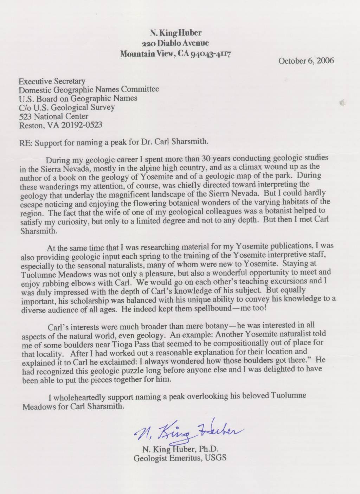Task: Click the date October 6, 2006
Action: tap(306, 60)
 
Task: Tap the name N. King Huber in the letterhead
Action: tap(175, 33)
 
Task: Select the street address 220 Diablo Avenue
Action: tap(175, 43)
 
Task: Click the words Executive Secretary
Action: tap(52, 81)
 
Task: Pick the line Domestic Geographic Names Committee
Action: tap(89, 90)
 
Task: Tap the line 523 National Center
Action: tap(53, 116)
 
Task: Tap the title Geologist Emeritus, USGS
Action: tap(180, 458)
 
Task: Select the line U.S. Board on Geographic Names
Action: tap(78, 98)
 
